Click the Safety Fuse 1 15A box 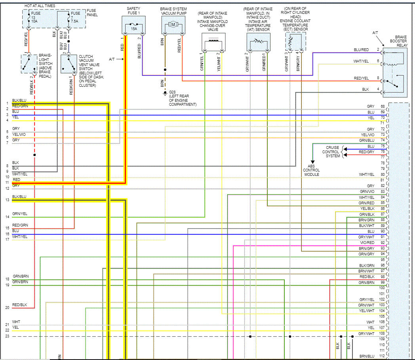click(x=133, y=25)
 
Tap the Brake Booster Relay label click(x=398, y=41)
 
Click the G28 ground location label click(x=183, y=99)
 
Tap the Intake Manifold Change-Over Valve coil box click(x=213, y=42)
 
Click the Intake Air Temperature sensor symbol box click(x=258, y=42)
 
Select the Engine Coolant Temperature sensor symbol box click(x=295, y=42)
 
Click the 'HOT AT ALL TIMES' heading click(x=40, y=6)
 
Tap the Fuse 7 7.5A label click(x=75, y=17)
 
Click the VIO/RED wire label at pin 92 click(x=367, y=242)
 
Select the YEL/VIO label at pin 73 click(x=367, y=135)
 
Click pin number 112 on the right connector click(x=382, y=356)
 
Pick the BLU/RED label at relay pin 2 click(x=361, y=50)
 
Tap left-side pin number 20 click(x=7, y=308)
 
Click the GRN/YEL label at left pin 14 click(x=19, y=214)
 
